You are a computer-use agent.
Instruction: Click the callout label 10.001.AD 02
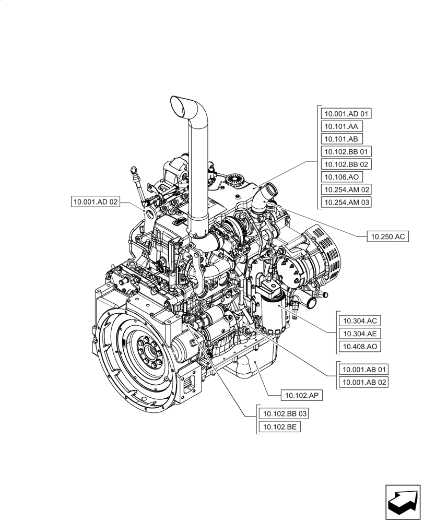pos(96,201)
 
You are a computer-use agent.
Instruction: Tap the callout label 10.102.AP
pos(301,395)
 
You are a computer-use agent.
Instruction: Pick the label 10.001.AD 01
pos(347,114)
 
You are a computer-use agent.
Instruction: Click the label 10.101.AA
pos(341,126)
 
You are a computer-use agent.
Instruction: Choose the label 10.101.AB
pos(341,139)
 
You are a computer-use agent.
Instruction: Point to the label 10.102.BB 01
pos(347,152)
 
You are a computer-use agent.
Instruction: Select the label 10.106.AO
pos(341,177)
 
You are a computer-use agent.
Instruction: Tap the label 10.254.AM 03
pos(347,202)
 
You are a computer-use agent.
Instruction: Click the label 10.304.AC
pos(360,321)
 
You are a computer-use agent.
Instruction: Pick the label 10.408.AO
pos(360,346)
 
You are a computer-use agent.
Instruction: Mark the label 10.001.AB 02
pos(364,382)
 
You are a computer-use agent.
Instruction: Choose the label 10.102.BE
pos(279,427)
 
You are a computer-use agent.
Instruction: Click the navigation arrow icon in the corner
pos(402,502)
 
